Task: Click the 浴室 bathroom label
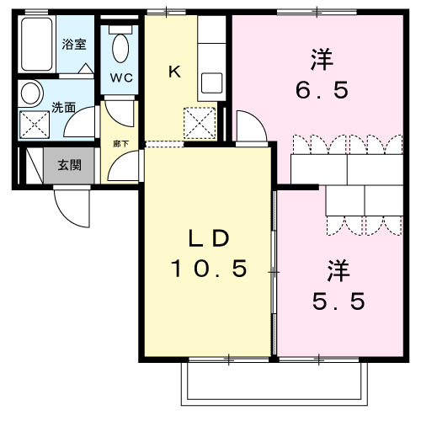point(74,44)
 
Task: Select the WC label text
point(120,79)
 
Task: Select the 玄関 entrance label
point(69,165)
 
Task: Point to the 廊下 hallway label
point(120,143)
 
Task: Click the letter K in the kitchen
point(174,72)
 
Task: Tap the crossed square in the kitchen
point(200,124)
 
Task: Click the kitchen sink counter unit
point(212,55)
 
